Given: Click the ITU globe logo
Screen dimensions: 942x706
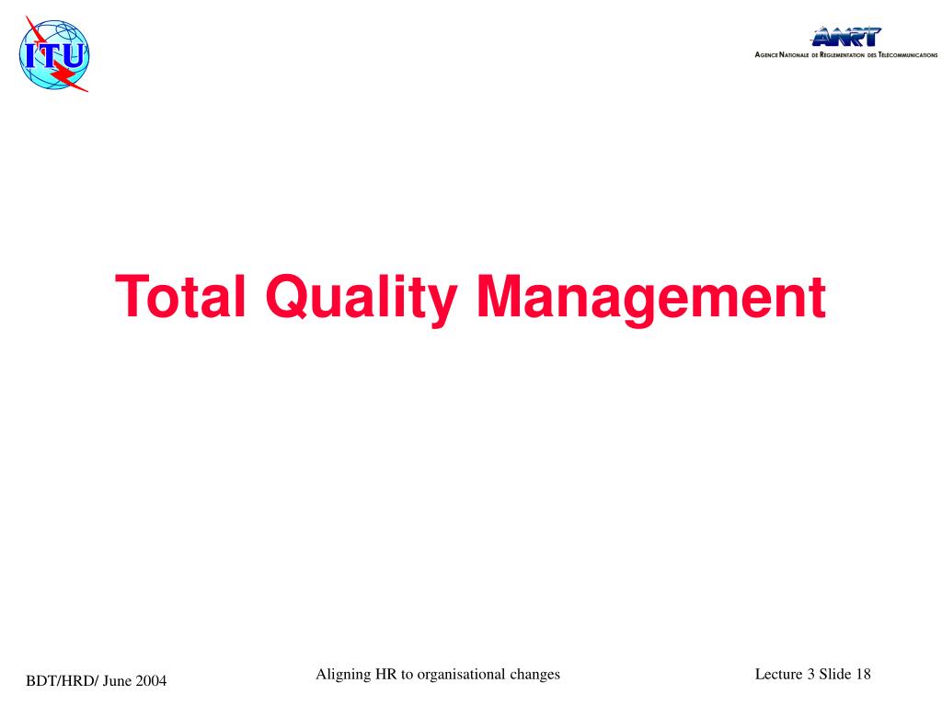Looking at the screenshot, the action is [x=54, y=54].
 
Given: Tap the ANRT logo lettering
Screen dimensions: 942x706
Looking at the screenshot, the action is [x=846, y=37].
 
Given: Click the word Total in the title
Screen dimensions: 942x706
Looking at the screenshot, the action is [x=180, y=296].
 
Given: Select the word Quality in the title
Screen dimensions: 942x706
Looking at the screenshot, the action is [x=362, y=299].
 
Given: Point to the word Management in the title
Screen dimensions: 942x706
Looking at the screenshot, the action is [x=651, y=299].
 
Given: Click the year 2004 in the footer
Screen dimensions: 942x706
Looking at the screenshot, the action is [x=151, y=681].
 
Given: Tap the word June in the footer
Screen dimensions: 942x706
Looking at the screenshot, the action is [x=117, y=681].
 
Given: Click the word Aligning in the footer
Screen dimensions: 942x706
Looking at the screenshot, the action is [x=343, y=675].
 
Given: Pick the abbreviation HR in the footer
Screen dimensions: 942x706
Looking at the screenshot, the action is [x=386, y=674].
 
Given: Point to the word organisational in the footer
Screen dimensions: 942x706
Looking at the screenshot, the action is [x=461, y=675].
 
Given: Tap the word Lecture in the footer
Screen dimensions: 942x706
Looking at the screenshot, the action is [x=778, y=674].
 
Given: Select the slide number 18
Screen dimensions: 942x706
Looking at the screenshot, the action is [x=863, y=674].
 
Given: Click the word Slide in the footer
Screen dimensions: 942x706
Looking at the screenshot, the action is [x=835, y=674].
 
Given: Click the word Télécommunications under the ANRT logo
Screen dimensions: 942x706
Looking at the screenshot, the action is [x=908, y=54].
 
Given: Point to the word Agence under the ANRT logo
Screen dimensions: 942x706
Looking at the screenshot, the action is [x=766, y=54].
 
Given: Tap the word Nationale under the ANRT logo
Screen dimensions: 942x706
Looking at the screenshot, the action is [x=794, y=54].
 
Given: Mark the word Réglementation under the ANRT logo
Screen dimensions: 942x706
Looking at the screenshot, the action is [x=843, y=54].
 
